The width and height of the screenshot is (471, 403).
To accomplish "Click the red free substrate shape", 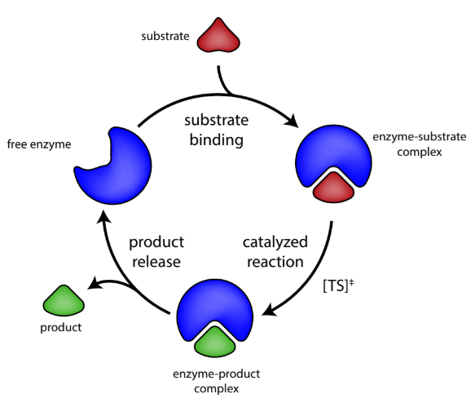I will point(221,38).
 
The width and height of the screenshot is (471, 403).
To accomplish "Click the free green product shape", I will point(63,303).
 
